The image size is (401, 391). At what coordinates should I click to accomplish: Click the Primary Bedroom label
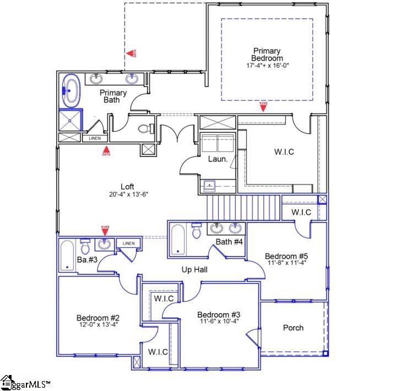tap(267, 55)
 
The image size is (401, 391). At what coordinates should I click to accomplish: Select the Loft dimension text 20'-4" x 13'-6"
tap(127, 194)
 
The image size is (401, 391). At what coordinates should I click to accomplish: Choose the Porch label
tap(293, 328)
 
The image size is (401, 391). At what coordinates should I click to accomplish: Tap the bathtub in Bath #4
tap(178, 240)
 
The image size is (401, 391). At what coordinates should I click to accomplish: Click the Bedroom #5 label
tap(286, 256)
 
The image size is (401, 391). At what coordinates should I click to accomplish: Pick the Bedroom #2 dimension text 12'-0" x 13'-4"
tap(98, 325)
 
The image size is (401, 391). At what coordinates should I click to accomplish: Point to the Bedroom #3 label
tap(219, 314)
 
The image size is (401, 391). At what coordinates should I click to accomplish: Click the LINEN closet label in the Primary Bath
tap(95, 138)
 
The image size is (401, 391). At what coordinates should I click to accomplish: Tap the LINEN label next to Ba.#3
tap(128, 243)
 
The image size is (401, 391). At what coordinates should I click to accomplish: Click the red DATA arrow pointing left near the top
tap(131, 53)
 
